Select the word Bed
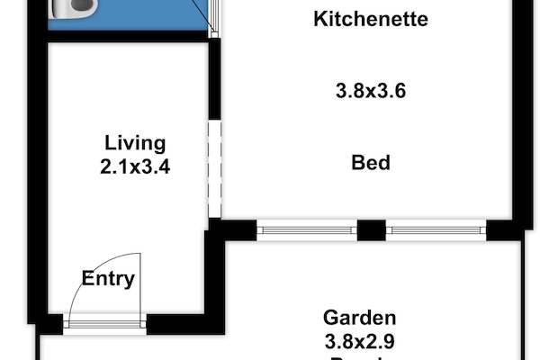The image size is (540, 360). click(x=370, y=163)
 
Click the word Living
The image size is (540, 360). click(x=135, y=142)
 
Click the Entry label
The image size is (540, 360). click(x=108, y=278)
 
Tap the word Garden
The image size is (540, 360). click(x=360, y=318)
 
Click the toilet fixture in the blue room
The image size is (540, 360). click(x=72, y=8)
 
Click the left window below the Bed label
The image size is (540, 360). click(x=306, y=230)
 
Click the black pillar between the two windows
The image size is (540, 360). click(x=371, y=230)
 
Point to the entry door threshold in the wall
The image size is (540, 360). click(x=106, y=324)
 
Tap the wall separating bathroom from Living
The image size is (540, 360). click(x=126, y=36)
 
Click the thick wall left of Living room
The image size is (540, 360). click(x=36, y=180)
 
